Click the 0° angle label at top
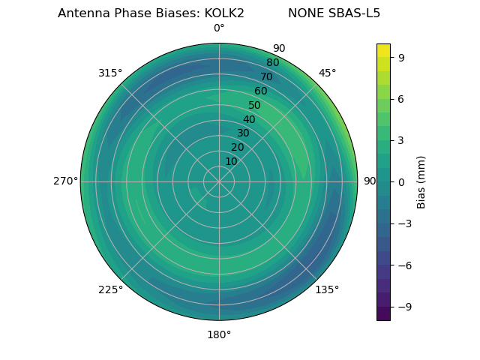[219, 28]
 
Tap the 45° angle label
[327, 73]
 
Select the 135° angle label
[327, 289]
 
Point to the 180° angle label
[219, 334]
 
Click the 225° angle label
[110, 289]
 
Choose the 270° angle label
[65, 181]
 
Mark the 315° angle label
[110, 73]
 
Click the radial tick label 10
[231, 161]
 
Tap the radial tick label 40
[249, 119]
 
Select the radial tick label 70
[266, 76]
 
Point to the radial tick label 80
[272, 63]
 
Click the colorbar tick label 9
[401, 56]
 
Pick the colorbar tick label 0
[401, 181]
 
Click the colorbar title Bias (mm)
[421, 181]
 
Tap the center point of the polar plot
[219, 181]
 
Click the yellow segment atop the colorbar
[383, 49]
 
